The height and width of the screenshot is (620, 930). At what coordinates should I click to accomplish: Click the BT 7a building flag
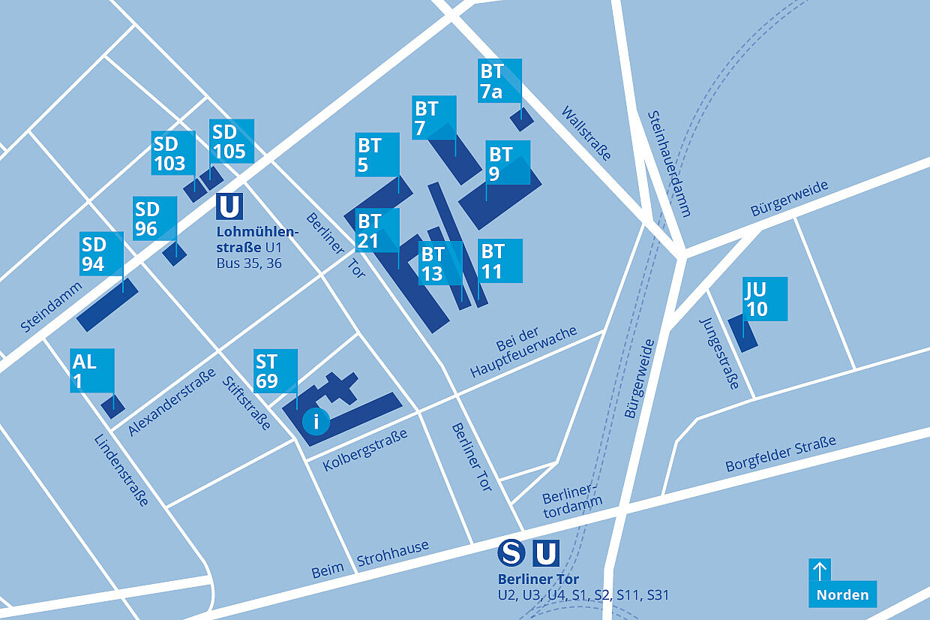499,80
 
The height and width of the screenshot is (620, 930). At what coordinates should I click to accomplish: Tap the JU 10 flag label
765,299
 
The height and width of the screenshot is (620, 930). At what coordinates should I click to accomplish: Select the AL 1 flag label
92,370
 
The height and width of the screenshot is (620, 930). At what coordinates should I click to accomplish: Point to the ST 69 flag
275,371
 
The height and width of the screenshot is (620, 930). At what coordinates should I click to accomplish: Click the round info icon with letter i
316,421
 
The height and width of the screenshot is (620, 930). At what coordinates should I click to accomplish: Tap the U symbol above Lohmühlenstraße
229,206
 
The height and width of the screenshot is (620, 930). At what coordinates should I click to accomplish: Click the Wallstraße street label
586,133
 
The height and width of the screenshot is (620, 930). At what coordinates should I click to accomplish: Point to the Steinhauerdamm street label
668,164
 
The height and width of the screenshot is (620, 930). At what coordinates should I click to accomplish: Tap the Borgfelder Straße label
780,454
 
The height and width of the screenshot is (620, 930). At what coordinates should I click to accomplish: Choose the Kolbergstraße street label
365,450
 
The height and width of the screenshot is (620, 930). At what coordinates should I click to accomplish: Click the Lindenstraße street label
121,471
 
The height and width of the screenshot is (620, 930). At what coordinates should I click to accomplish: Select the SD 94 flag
102,254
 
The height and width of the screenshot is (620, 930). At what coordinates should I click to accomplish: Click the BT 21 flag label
377,230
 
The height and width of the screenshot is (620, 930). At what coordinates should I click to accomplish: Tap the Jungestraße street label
720,353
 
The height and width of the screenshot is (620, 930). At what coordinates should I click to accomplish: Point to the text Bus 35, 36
249,263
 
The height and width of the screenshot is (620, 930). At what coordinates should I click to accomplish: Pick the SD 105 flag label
231,141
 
